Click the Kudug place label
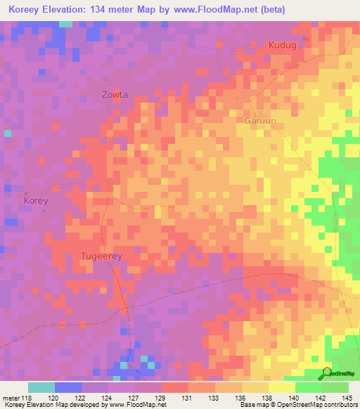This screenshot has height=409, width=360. pos(283,46)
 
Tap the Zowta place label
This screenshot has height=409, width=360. pos(115,94)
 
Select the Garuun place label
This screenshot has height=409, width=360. pos(259,121)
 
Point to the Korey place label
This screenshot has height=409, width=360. pos(36,201)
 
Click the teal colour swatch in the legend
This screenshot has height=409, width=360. pos(41,387)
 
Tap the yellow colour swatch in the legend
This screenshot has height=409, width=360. pos(282,387)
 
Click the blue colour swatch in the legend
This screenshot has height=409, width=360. pos(68,387)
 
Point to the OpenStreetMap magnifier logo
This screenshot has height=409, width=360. pos(327,372)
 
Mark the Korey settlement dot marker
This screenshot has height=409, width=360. pos(27,193)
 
